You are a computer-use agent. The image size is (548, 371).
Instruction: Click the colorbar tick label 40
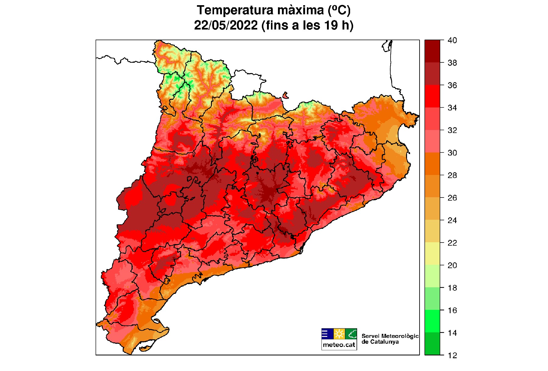click(452, 40)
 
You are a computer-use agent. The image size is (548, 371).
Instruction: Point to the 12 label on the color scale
click(452, 355)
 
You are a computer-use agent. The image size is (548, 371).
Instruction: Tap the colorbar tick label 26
click(452, 198)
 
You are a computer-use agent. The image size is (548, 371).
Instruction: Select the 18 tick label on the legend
click(452, 288)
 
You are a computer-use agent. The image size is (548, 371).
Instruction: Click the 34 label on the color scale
click(452, 108)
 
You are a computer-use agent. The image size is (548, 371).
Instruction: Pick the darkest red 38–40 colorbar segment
click(432, 51)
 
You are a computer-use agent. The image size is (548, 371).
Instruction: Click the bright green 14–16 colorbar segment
click(432, 321)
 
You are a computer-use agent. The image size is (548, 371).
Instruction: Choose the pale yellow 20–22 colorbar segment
click(432, 254)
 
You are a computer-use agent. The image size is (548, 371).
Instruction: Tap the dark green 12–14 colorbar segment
click(432, 344)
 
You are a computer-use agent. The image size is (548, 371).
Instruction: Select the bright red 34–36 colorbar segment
click(432, 96)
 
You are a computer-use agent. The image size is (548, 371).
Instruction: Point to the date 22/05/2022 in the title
click(226, 25)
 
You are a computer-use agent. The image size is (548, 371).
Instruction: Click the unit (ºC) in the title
click(339, 10)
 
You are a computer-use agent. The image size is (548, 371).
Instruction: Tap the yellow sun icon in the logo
click(339, 334)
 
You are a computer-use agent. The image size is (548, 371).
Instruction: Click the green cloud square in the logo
click(351, 334)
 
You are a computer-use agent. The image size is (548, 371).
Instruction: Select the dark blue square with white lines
click(327, 334)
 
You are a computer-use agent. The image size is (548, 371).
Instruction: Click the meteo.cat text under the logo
click(339, 345)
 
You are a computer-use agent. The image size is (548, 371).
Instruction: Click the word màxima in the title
click(301, 10)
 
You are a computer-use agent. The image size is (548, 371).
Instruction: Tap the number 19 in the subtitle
click(331, 25)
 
